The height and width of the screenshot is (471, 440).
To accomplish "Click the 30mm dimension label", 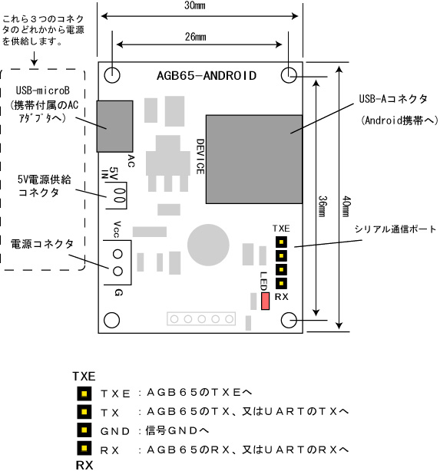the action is (195, 5).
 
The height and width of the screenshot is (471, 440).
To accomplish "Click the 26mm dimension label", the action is (196, 37).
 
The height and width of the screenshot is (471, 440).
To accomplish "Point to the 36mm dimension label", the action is (322, 206).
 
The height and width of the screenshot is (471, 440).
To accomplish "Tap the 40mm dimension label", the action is (346, 206).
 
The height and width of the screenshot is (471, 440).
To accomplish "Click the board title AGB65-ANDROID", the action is (207, 76).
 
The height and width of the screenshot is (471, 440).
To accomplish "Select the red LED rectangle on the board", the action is (265, 301).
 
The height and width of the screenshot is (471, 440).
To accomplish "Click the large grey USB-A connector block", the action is (254, 160).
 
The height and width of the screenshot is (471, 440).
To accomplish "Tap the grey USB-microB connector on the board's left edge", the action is (114, 126).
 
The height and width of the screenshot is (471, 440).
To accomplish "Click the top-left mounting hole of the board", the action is (112, 75).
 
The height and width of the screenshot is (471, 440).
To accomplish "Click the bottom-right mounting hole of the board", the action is (289, 320).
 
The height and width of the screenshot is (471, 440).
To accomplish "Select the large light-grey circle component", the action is (208, 245).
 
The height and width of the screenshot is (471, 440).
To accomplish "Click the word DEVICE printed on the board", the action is (200, 156).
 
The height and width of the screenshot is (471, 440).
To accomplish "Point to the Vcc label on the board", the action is (117, 229).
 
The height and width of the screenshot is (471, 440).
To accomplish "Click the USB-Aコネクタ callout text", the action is (393, 99).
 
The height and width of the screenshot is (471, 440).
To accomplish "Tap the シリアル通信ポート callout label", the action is (395, 229).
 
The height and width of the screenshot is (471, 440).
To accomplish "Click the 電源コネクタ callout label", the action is (42, 244).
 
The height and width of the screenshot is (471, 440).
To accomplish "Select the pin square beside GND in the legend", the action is (84, 430).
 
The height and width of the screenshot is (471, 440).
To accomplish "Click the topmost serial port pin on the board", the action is (281, 242).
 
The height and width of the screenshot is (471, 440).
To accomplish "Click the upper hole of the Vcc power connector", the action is (117, 254).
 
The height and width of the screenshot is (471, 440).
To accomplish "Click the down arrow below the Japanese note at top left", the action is (35, 58).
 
